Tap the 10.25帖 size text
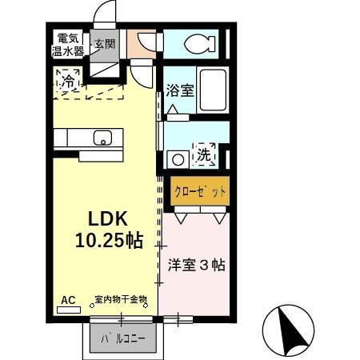click(110, 239)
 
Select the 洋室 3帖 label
click(196, 265)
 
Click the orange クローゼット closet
click(200, 192)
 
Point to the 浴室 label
click(179, 91)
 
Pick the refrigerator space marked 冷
click(70, 81)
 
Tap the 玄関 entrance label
click(104, 44)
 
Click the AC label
click(68, 300)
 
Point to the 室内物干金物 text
click(121, 300)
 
